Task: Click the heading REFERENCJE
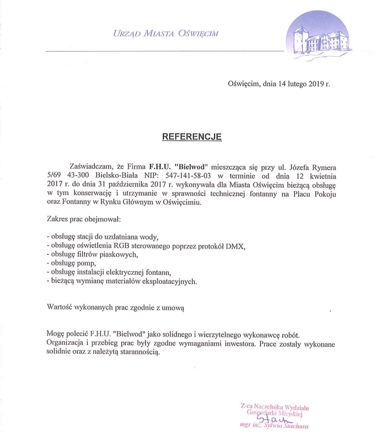(x=191, y=137)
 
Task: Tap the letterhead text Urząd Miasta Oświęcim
(x=165, y=33)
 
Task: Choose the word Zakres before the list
(x=58, y=220)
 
